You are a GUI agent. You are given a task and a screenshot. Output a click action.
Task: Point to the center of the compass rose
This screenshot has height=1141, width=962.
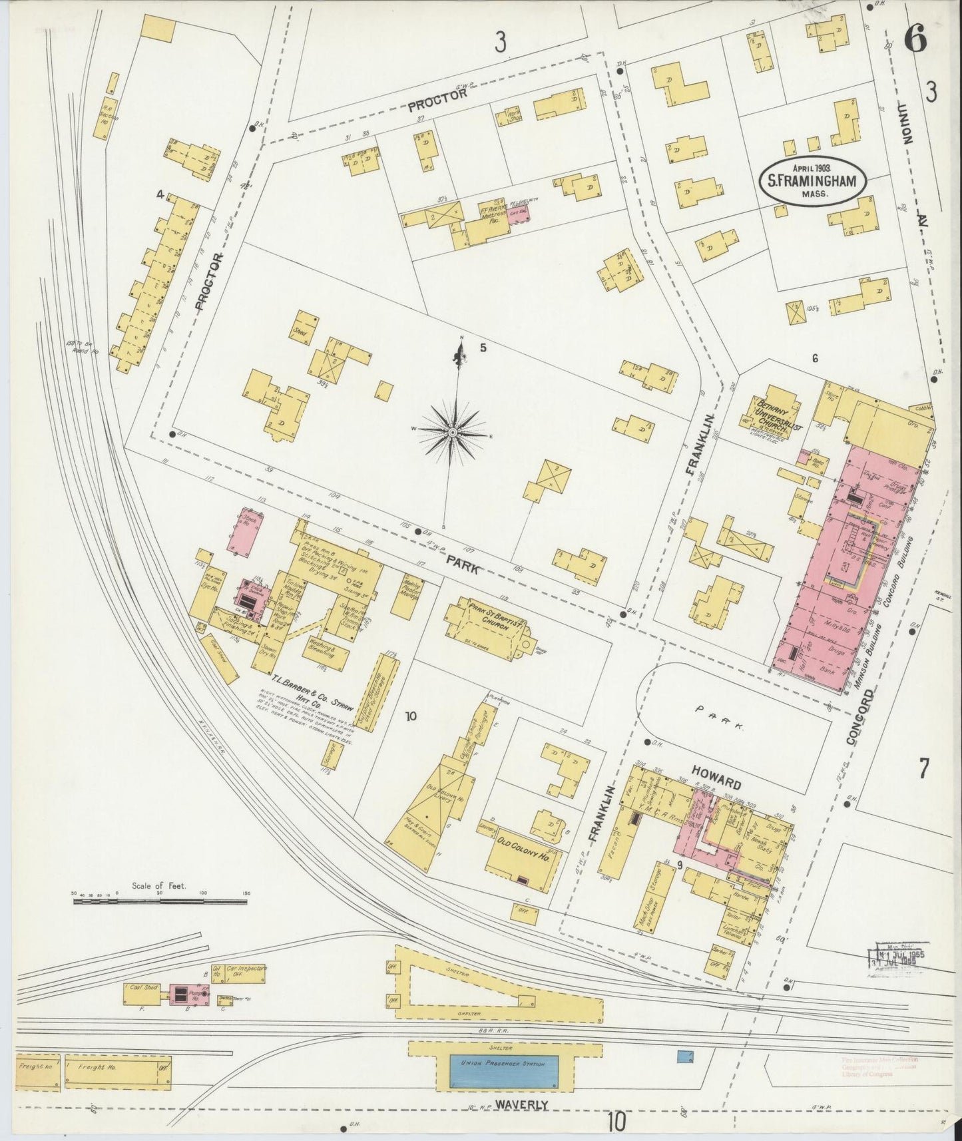(x=453, y=433)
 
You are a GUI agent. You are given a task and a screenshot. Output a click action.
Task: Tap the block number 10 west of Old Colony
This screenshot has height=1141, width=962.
(x=411, y=716)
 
